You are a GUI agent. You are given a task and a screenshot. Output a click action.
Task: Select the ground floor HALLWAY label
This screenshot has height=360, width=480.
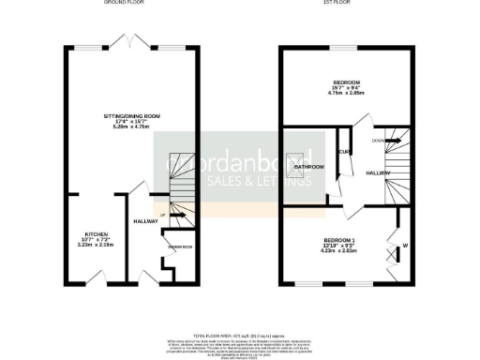click(x=144, y=221)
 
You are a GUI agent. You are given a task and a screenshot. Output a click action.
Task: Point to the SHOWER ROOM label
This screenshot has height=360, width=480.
click(x=180, y=247)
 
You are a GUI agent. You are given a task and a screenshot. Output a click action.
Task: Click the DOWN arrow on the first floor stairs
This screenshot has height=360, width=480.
click(x=379, y=142)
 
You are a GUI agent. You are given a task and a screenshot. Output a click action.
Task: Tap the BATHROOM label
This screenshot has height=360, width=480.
click(x=309, y=166)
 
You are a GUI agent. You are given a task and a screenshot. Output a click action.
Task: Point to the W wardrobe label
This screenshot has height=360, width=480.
click(x=405, y=247)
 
